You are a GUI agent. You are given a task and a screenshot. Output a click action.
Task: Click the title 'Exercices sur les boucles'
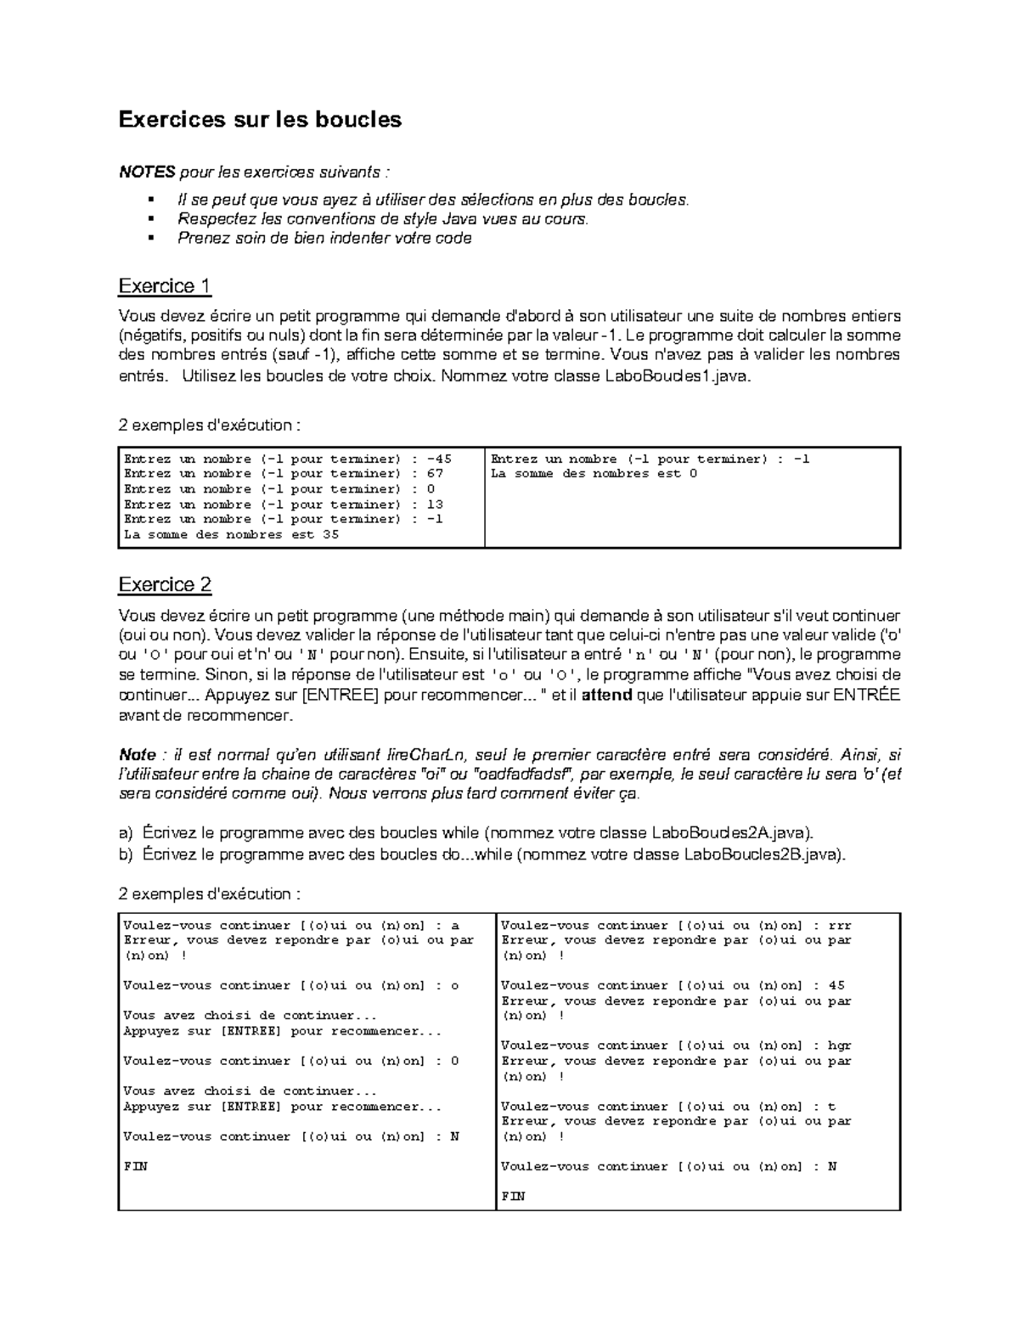[260, 119]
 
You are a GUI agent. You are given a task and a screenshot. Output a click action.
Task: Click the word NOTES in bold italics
[146, 172]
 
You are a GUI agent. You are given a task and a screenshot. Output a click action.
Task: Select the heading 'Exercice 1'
[165, 286]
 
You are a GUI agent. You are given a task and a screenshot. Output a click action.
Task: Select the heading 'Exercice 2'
[165, 585]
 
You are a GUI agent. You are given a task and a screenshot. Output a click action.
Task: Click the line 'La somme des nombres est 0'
[594, 474]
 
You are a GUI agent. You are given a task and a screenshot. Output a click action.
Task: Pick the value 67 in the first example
[435, 474]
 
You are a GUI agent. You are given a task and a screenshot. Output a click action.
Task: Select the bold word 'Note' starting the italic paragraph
[137, 755]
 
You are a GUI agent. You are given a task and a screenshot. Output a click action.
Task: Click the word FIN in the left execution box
[136, 1167]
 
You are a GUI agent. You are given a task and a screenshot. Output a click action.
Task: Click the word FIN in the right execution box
[513, 1197]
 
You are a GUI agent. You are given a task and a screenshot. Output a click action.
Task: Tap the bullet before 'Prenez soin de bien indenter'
[150, 238]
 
